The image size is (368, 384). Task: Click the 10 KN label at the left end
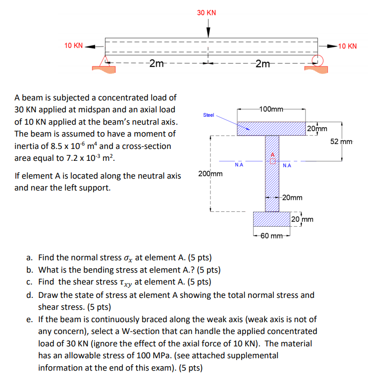pos(73,46)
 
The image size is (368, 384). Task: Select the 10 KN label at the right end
pos(347,46)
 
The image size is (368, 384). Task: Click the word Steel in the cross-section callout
pos(209,115)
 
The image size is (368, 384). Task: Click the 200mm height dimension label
pos(210,174)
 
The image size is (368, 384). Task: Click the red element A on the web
pos(272,158)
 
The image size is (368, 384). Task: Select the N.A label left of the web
pos(239,165)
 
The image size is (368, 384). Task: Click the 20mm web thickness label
pos(292,197)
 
